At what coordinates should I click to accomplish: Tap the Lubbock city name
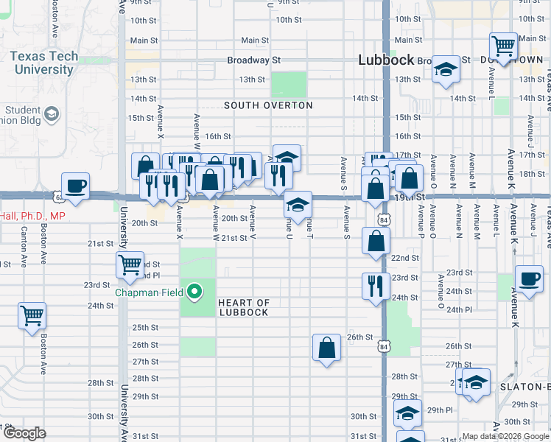(x=386, y=60)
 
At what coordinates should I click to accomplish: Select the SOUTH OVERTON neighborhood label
(x=268, y=105)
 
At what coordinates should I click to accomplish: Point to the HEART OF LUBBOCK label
(x=244, y=307)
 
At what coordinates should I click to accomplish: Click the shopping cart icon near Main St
(x=504, y=46)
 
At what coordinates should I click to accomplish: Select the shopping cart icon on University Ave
(x=130, y=264)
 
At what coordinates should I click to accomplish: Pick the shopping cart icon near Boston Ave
(x=32, y=316)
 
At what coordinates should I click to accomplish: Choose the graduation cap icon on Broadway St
(x=446, y=70)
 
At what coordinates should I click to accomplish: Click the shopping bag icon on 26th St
(x=326, y=347)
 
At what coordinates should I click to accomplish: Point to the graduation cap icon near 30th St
(x=407, y=415)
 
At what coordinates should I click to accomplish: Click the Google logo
(x=24, y=433)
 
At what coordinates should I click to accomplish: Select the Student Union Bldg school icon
(x=52, y=113)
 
